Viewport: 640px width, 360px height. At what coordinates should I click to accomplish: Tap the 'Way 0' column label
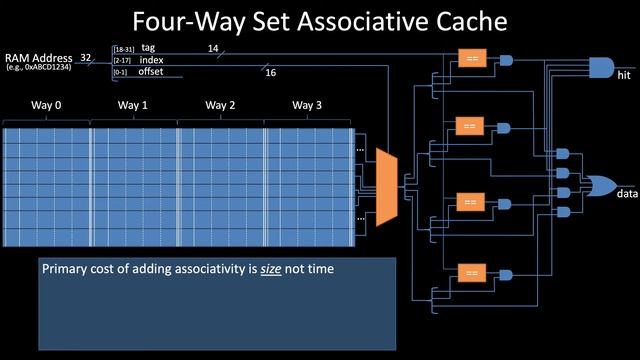[x=45, y=105]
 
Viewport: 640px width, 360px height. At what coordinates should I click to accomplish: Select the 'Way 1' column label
[x=132, y=105]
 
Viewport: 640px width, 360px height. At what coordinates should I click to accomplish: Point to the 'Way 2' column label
[x=220, y=105]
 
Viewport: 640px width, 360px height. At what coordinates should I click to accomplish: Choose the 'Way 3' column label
[x=307, y=105]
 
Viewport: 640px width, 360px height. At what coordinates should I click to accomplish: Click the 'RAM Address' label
[x=39, y=58]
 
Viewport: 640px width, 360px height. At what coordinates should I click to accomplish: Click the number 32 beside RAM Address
[x=87, y=58]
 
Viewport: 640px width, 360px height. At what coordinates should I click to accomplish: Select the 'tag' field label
[x=148, y=47]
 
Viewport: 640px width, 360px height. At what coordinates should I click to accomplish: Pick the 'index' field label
[x=151, y=59]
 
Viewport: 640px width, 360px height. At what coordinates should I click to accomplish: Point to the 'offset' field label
[x=152, y=71]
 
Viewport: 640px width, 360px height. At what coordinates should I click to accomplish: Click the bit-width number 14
[x=212, y=47]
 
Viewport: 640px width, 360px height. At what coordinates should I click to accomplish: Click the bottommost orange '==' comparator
[x=471, y=272]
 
